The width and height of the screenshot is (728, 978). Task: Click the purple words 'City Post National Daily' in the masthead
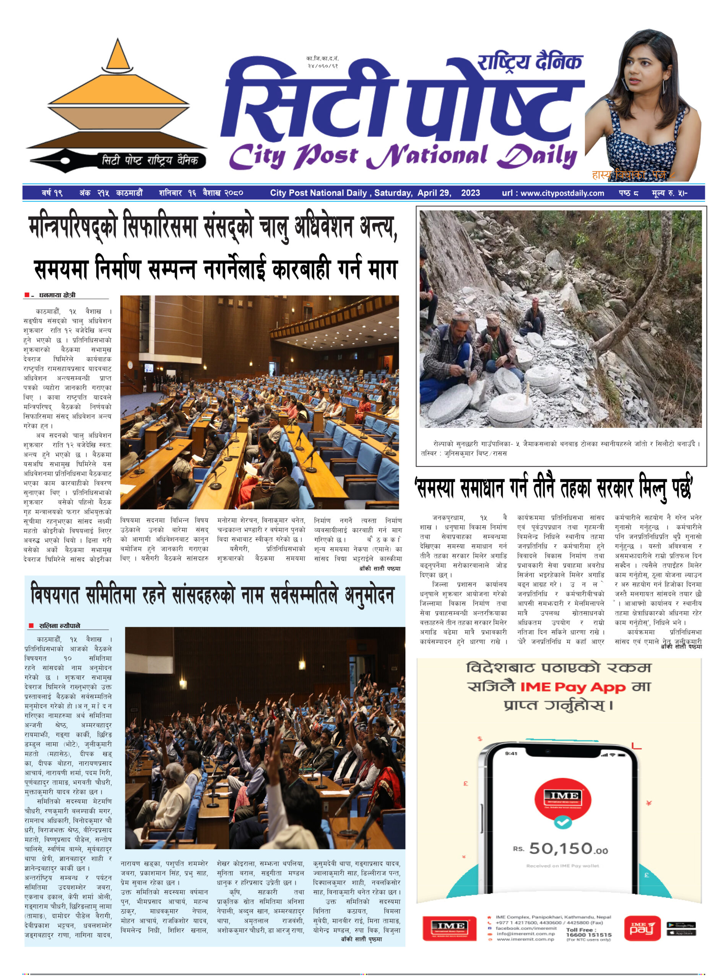click(402, 156)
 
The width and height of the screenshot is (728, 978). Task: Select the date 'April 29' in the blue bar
click(434, 193)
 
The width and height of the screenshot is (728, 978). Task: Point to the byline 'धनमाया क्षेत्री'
click(57, 295)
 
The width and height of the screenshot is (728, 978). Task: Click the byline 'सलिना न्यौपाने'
click(60, 625)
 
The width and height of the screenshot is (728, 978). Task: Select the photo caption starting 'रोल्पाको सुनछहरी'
click(560, 448)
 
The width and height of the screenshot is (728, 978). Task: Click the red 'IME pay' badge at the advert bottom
click(642, 928)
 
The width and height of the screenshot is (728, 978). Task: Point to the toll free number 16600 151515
click(588, 934)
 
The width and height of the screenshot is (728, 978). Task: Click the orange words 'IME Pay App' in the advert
click(572, 687)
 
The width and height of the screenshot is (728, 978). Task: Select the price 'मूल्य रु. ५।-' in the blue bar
click(669, 193)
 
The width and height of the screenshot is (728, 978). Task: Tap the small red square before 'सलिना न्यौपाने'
click(31, 625)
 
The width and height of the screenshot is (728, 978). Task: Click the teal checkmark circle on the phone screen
click(563, 822)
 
